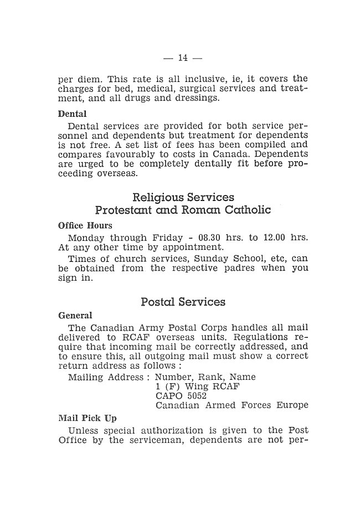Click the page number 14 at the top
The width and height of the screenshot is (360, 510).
coord(183,58)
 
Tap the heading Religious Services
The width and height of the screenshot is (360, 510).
coord(183,198)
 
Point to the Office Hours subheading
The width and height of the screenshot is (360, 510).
coord(85,226)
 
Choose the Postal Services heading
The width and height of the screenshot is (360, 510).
coord(183,303)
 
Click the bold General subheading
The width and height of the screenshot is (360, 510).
coord(75,316)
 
